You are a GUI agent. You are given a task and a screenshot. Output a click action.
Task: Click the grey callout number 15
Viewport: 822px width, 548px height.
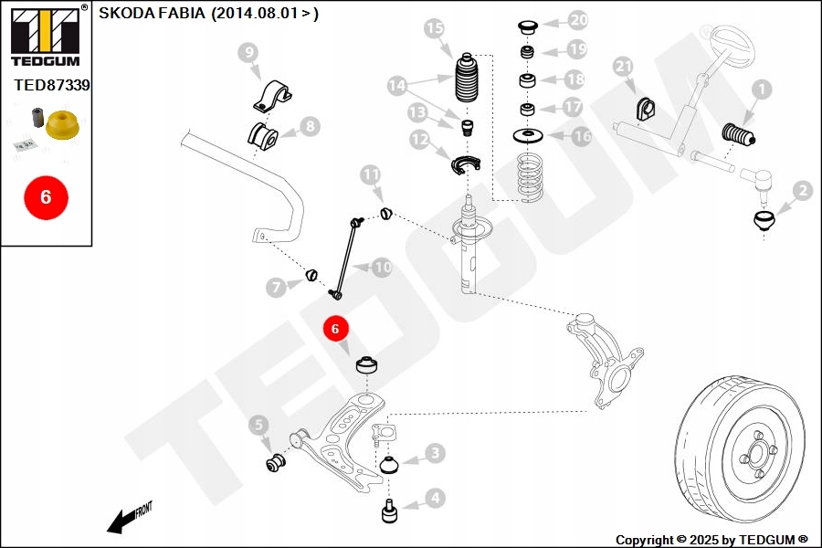pyautogui.click(x=435, y=28)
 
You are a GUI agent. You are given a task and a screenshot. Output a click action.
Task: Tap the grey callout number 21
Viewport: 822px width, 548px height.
pyautogui.click(x=623, y=66)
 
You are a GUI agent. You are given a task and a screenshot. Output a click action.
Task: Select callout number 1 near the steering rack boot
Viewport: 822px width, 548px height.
pyautogui.click(x=761, y=90)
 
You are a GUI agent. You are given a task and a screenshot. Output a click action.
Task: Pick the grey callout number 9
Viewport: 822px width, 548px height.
pyautogui.click(x=249, y=53)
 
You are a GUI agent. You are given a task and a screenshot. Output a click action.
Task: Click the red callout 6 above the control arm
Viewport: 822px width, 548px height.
pyautogui.click(x=335, y=328)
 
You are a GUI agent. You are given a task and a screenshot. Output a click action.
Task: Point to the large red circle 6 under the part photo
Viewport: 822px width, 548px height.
pyautogui.click(x=46, y=196)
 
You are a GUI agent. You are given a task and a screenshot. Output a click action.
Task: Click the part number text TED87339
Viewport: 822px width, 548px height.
pyautogui.click(x=52, y=85)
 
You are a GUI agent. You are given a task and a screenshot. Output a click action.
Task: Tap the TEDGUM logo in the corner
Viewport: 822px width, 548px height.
pyautogui.click(x=45, y=37)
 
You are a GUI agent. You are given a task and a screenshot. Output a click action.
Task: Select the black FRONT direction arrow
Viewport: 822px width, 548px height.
pyautogui.click(x=119, y=522)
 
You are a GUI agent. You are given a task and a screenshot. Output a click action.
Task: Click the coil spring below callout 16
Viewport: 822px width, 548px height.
pyautogui.click(x=527, y=178)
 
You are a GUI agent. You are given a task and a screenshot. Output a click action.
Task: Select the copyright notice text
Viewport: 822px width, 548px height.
pyautogui.click(x=711, y=540)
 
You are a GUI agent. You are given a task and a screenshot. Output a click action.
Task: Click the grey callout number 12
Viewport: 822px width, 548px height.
pyautogui.click(x=420, y=141)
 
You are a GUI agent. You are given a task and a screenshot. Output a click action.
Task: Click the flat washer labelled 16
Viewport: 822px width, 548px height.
pyautogui.click(x=527, y=137)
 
